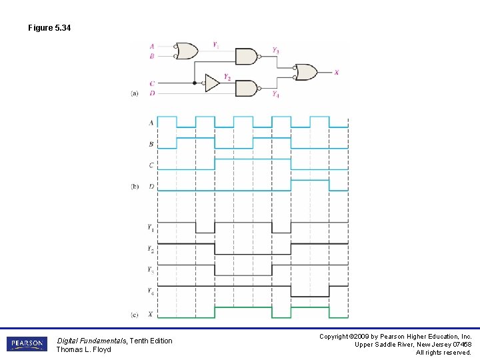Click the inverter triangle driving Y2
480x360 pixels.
click(x=211, y=83)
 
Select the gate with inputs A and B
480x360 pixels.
click(x=187, y=51)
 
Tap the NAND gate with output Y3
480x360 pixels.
click(x=247, y=56)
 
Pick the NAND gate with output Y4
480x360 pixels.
click(x=247, y=88)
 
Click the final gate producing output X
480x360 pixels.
click(x=306, y=72)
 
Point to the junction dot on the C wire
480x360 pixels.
click(x=195, y=83)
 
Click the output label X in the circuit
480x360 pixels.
click(x=336, y=72)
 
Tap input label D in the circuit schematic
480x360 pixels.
click(x=152, y=93)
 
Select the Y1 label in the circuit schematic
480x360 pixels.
click(x=215, y=45)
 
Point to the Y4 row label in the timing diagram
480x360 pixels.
click(x=151, y=291)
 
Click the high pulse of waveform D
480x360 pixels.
click(x=310, y=181)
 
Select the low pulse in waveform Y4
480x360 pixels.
click(x=310, y=296)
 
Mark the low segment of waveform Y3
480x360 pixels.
click(x=243, y=275)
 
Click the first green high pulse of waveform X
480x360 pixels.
click(x=243, y=308)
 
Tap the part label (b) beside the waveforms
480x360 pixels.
click(x=135, y=187)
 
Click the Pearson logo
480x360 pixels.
click(x=27, y=344)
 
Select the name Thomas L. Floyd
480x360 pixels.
click(x=83, y=349)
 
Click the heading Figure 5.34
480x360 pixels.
click(x=49, y=28)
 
